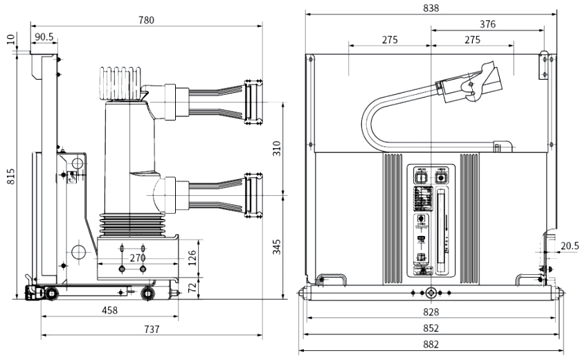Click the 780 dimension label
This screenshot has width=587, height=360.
147,20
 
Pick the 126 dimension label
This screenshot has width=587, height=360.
192,258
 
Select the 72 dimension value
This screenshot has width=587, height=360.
192,286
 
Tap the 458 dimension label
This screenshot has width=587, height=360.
109,310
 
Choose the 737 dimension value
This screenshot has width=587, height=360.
151,330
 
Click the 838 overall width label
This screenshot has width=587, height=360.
431,8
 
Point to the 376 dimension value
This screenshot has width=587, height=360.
487,24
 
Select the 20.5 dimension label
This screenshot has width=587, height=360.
570,246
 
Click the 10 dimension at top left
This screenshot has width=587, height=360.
10,39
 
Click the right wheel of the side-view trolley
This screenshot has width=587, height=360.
147,294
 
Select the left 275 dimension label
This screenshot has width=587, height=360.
390,40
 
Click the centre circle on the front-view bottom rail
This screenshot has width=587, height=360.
431,292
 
